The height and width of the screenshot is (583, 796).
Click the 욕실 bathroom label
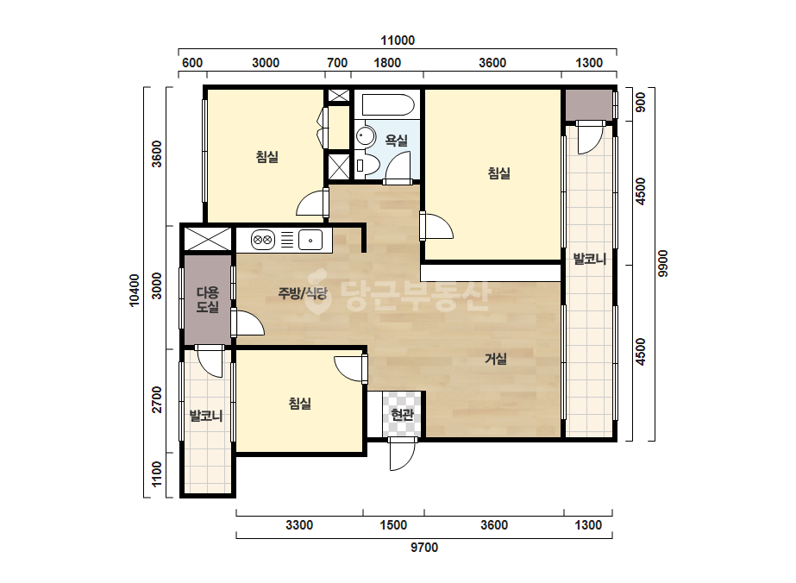(x=396, y=141)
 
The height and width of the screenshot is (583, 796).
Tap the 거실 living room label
(x=496, y=359)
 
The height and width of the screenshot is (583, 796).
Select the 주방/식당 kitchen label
(x=303, y=293)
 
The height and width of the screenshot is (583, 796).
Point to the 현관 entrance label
(x=402, y=415)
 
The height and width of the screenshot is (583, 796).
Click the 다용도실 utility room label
(x=208, y=299)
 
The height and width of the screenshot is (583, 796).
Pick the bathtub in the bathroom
(x=388, y=105)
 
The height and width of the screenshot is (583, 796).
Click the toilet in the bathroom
(x=366, y=164)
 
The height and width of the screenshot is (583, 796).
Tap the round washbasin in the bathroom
(x=365, y=136)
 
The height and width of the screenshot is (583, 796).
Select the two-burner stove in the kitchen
(x=263, y=239)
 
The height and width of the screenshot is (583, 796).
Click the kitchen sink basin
(x=310, y=239)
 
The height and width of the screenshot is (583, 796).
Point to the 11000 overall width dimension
(x=398, y=41)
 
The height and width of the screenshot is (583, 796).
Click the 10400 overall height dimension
(x=134, y=290)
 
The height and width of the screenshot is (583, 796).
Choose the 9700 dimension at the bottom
(x=424, y=548)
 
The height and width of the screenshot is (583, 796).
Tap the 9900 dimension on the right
(x=663, y=264)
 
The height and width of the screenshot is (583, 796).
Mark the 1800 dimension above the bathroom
(x=387, y=62)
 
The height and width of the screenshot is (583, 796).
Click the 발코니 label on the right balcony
(x=589, y=259)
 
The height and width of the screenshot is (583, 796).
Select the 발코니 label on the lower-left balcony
(x=206, y=416)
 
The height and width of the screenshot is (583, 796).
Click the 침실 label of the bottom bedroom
(x=299, y=404)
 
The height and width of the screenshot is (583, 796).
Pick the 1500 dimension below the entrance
(x=393, y=524)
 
